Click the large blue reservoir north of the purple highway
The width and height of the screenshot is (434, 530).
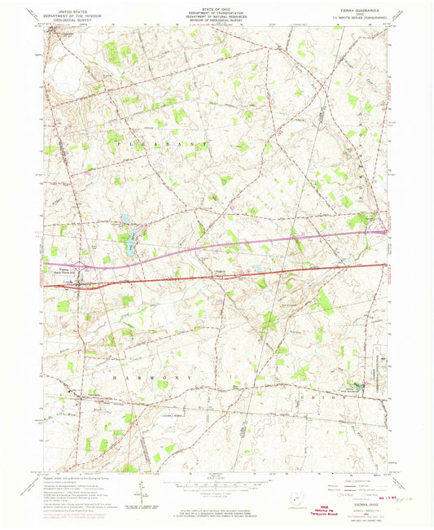[129, 237]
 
